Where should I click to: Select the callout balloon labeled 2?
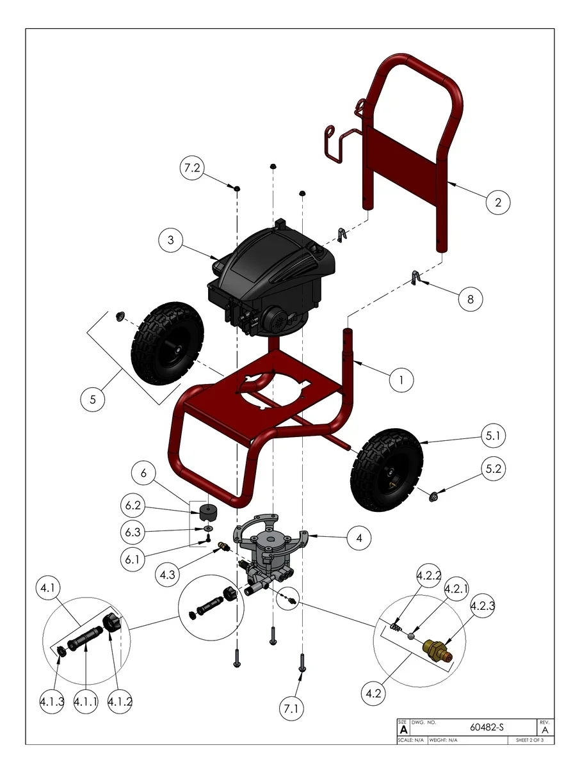click(497, 202)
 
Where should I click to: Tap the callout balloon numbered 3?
click(171, 240)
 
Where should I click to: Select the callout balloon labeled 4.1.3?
click(51, 702)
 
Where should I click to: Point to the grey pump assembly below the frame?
click(270, 550)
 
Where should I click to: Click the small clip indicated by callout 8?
click(415, 278)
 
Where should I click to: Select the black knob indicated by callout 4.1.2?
click(113, 621)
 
